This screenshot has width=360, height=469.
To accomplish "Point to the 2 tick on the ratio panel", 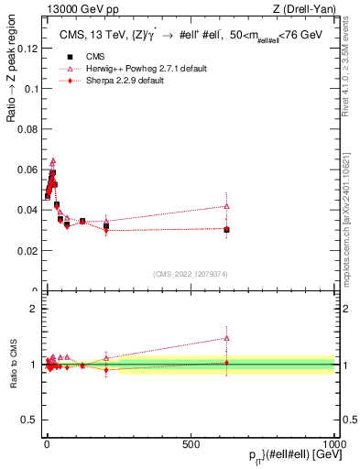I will pyautogui.click(x=35, y=309).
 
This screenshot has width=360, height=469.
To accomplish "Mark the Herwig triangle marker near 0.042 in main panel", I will pyautogui.click(x=226, y=206).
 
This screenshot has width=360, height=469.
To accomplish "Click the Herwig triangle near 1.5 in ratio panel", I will pyautogui.click(x=226, y=338).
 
